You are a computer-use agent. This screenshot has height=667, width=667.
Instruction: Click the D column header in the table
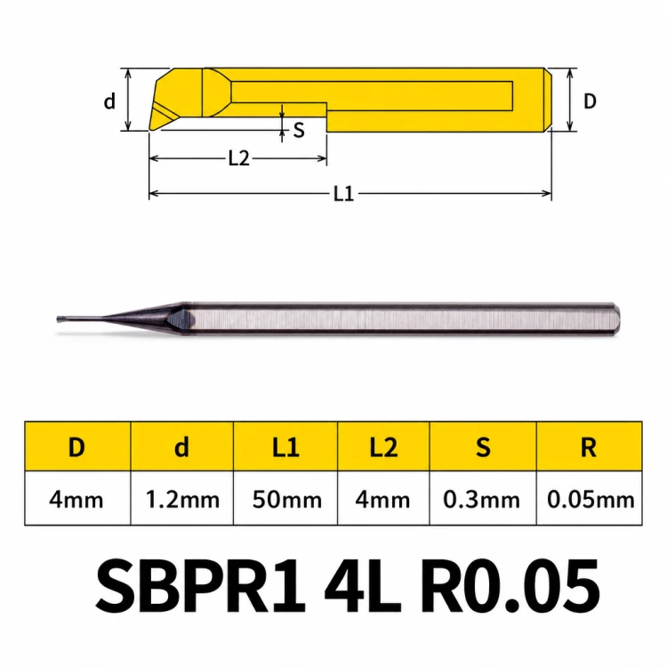coord(77,446)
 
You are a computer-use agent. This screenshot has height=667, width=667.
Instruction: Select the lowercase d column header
coord(181,446)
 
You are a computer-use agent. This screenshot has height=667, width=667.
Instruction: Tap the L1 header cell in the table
coord(285,446)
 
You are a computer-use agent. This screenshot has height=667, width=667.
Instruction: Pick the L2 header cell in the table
coord(383,446)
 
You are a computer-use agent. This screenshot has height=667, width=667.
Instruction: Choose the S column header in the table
coord(483,446)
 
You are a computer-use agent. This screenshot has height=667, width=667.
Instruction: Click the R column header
coord(589,446)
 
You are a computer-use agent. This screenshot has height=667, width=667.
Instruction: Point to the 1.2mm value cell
coord(182,499)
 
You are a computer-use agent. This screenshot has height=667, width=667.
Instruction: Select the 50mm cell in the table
coord(286,499)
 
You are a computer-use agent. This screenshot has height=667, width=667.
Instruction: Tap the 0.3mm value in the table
coord(481,499)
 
